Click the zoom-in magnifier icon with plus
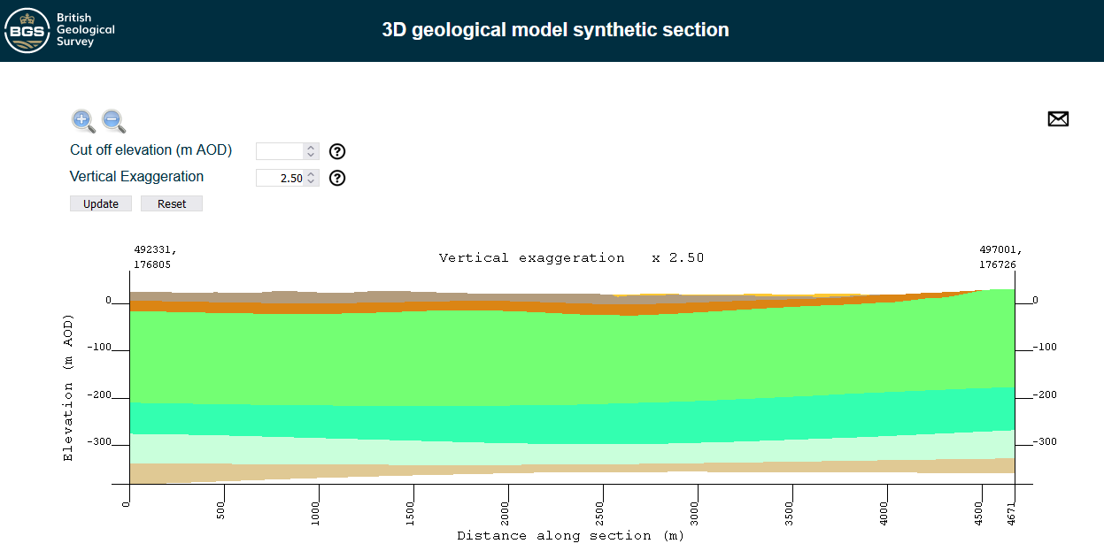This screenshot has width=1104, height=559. click(82, 121)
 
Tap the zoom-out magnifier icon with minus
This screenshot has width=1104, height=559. click(113, 121)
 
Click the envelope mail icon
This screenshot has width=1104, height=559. click(1058, 119)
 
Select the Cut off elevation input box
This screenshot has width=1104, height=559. click(280, 151)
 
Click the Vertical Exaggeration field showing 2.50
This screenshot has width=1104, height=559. click(280, 178)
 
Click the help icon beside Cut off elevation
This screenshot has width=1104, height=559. click(336, 151)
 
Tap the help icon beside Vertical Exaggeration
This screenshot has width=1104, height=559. click(336, 178)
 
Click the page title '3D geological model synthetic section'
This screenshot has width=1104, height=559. click(555, 30)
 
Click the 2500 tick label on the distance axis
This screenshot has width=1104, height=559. click(602, 511)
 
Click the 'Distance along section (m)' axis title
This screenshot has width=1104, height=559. click(570, 536)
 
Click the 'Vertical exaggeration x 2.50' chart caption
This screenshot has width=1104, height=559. click(571, 258)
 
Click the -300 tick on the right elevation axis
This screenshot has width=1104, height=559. click(1045, 441)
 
